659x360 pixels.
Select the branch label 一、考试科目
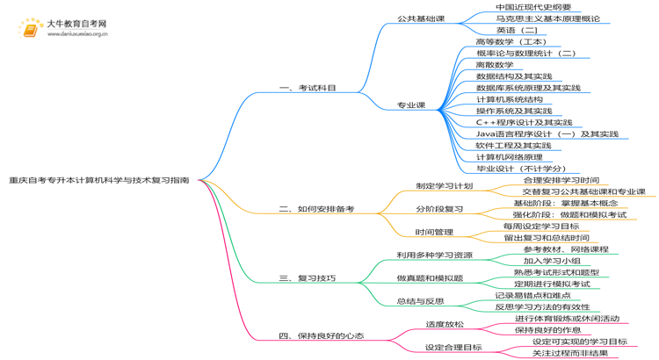click(307, 89)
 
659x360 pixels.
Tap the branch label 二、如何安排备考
click(316, 209)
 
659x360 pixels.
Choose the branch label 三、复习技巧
click(307, 278)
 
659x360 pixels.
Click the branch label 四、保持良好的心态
click(321, 335)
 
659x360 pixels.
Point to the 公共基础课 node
click(421, 18)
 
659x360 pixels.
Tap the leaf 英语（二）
click(517, 30)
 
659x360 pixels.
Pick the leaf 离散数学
click(494, 65)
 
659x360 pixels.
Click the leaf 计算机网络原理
click(509, 156)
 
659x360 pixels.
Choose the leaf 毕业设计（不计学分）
click(521, 169)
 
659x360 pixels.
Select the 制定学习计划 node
click(444, 186)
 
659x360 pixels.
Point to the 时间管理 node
click(434, 232)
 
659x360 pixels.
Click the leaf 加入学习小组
click(552, 261)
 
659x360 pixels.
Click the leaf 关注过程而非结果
click(569, 353)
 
